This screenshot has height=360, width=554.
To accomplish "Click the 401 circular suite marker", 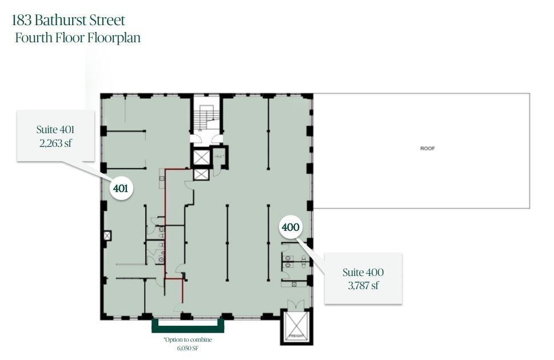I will click(x=121, y=187).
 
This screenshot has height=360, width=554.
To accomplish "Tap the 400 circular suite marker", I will click(x=290, y=227).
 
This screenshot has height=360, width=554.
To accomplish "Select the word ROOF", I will click(x=427, y=149).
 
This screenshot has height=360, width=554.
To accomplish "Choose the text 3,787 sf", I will click(x=363, y=286).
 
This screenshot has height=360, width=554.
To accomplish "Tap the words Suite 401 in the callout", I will click(x=55, y=130).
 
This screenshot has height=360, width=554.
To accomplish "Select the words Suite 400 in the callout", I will click(x=363, y=273).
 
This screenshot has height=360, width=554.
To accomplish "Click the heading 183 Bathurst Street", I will click(x=68, y=20).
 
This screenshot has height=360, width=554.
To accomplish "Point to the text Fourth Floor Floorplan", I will click(x=78, y=38).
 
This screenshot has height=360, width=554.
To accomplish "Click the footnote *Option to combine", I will click(x=188, y=340).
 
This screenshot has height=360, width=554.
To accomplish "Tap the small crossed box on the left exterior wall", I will click(x=107, y=235).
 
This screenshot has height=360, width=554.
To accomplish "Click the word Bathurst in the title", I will click(x=60, y=20).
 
